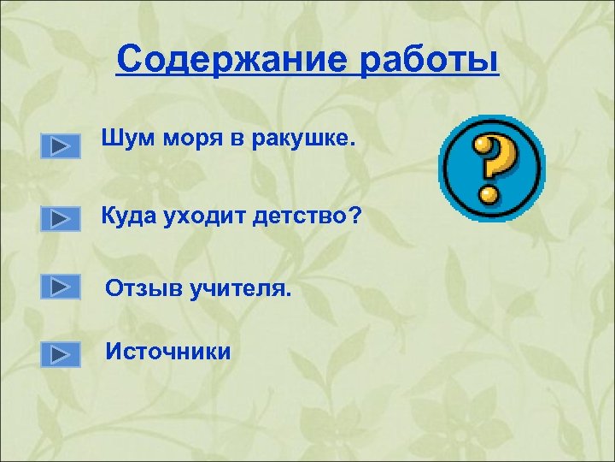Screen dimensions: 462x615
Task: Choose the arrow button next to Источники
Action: (x=60, y=353)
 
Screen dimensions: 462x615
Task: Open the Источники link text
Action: (x=167, y=351)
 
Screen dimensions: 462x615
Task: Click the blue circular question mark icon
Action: (x=491, y=169)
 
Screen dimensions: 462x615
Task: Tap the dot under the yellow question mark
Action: (x=489, y=194)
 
